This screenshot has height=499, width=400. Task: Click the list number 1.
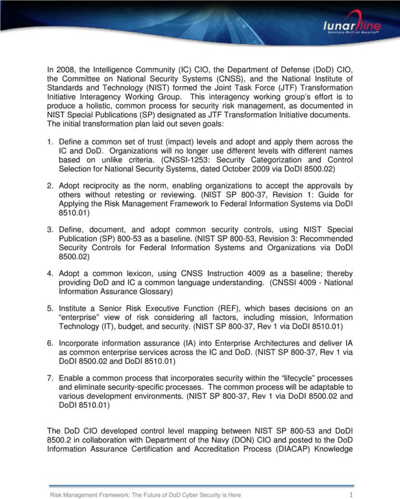(50, 141)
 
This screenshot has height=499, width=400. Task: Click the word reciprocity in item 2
(100, 186)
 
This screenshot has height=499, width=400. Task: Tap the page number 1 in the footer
(351, 495)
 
